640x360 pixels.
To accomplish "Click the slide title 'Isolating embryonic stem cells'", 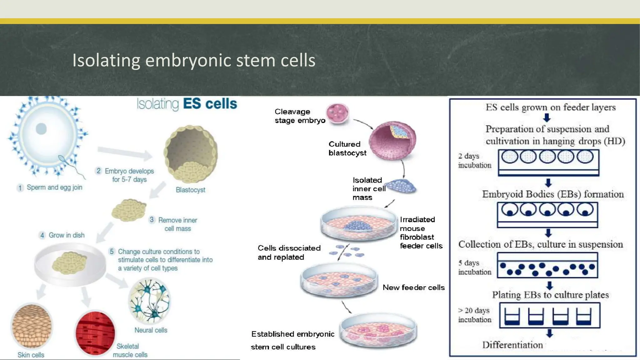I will pos(194,60).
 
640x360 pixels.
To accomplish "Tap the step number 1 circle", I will pos(20,188).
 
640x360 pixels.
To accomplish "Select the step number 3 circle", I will pos(152,220).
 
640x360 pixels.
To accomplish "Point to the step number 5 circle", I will pos(112,252).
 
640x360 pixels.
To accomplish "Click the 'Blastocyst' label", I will pos(190,190).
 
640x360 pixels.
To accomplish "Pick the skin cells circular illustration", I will pos(32,326).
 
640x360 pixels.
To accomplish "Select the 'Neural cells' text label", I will pos(151,330).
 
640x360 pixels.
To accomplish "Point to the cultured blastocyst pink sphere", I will pos(392,141).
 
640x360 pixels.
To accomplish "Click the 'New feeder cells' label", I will pos(413,287).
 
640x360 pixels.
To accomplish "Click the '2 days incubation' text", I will pos(474,161).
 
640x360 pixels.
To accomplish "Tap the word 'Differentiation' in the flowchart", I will pos(512,345).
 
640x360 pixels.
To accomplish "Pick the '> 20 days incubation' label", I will pos(474,315).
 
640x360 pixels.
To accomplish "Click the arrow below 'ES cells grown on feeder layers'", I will pos(547,118).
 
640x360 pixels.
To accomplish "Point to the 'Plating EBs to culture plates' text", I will pos(550,295).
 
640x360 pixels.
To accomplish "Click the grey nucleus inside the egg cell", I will pos(41,129).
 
